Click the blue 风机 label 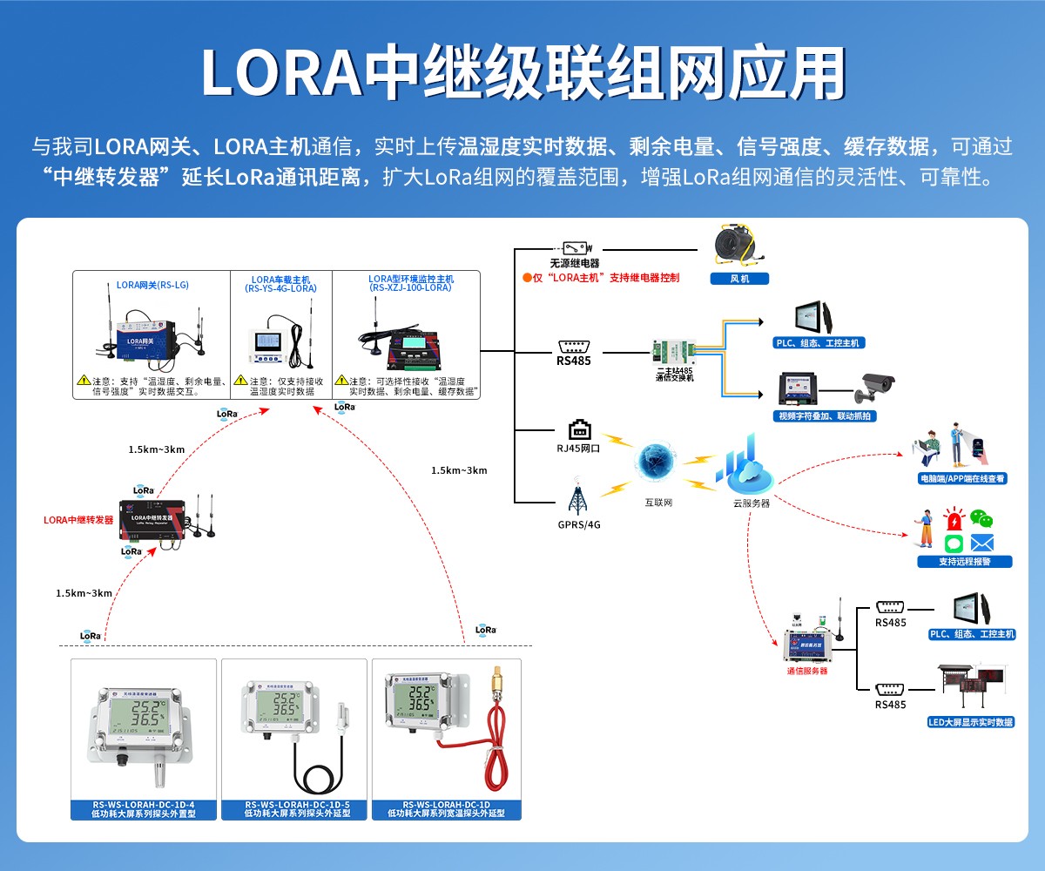click(x=738, y=279)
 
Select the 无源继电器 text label click(x=575, y=263)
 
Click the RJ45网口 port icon click(x=579, y=430)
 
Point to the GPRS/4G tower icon click(x=576, y=498)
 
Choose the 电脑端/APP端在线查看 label click(x=962, y=478)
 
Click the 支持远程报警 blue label click(x=964, y=562)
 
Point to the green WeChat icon click(x=981, y=520)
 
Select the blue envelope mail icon click(x=982, y=543)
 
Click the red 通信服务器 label click(x=806, y=671)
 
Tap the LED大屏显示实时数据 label click(x=971, y=722)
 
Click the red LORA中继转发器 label click(x=78, y=520)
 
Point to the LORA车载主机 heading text click(x=280, y=279)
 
